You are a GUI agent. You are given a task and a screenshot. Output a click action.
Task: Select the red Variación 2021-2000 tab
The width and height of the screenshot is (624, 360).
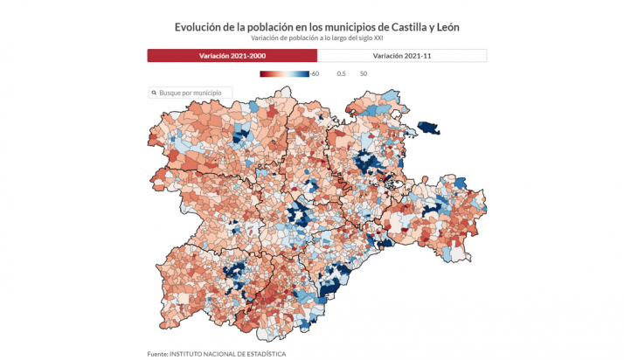[232, 55]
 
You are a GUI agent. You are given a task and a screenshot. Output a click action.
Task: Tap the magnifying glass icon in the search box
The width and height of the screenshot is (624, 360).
[154, 92]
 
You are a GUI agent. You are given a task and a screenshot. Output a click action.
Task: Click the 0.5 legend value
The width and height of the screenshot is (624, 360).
[341, 73]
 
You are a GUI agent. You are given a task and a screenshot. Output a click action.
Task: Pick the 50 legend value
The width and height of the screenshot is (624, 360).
[363, 73]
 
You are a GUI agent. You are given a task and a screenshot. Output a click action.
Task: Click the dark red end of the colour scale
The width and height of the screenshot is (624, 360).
[263, 73]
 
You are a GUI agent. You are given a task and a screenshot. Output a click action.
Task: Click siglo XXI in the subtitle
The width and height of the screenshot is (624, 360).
[367, 38]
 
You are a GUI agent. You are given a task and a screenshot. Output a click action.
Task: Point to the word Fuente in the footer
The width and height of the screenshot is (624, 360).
[156, 353]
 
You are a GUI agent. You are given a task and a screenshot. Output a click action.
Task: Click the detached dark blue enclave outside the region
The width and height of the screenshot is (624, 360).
[428, 128]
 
